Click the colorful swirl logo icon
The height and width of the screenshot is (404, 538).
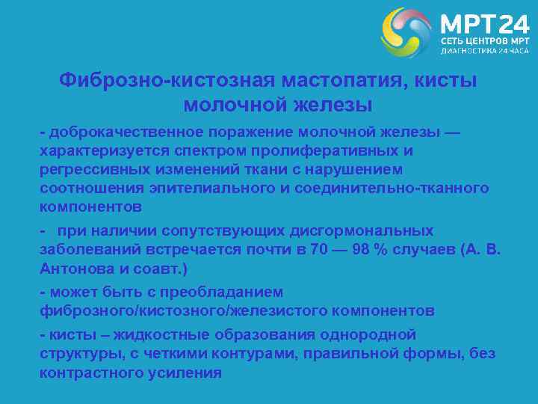point(406,32)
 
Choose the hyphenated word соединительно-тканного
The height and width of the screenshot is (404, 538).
point(392,188)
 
